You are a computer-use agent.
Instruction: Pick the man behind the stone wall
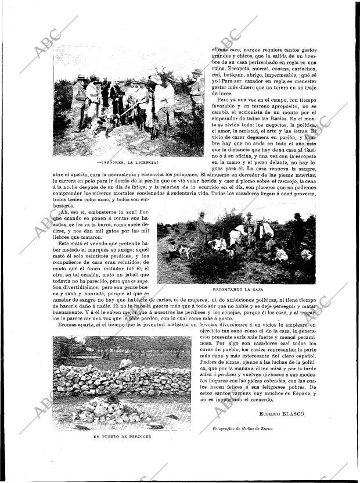(125, 363)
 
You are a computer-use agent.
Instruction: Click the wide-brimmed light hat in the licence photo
(157, 79)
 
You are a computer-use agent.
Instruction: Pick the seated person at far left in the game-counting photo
(171, 248)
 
